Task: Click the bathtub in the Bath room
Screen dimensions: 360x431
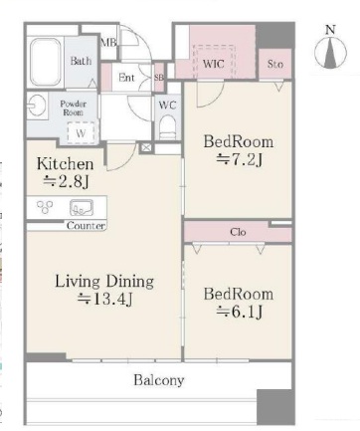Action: click(46, 62)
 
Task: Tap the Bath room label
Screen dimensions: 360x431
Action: click(81, 61)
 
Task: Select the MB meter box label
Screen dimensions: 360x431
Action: click(108, 43)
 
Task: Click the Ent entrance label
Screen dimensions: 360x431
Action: click(126, 78)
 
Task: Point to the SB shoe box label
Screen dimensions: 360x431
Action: click(159, 78)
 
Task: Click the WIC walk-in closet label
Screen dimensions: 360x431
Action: click(213, 64)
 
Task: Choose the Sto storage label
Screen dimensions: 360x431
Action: click(275, 64)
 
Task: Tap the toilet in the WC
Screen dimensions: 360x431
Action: click(167, 127)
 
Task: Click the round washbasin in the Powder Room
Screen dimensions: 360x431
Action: click(37, 106)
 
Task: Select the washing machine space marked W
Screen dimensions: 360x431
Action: click(81, 132)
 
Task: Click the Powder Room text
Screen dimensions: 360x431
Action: click(74, 108)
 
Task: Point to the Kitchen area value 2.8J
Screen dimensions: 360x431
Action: click(67, 181)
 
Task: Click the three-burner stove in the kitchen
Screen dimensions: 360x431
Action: click(45, 207)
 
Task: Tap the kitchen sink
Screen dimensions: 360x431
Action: click(82, 208)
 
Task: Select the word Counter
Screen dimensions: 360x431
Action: click(86, 226)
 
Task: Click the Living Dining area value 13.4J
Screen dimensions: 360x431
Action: click(104, 300)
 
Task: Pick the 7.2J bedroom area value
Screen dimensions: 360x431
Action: click(240, 160)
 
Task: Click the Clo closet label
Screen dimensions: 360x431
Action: click(238, 232)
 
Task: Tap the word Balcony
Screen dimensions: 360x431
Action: click(159, 380)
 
